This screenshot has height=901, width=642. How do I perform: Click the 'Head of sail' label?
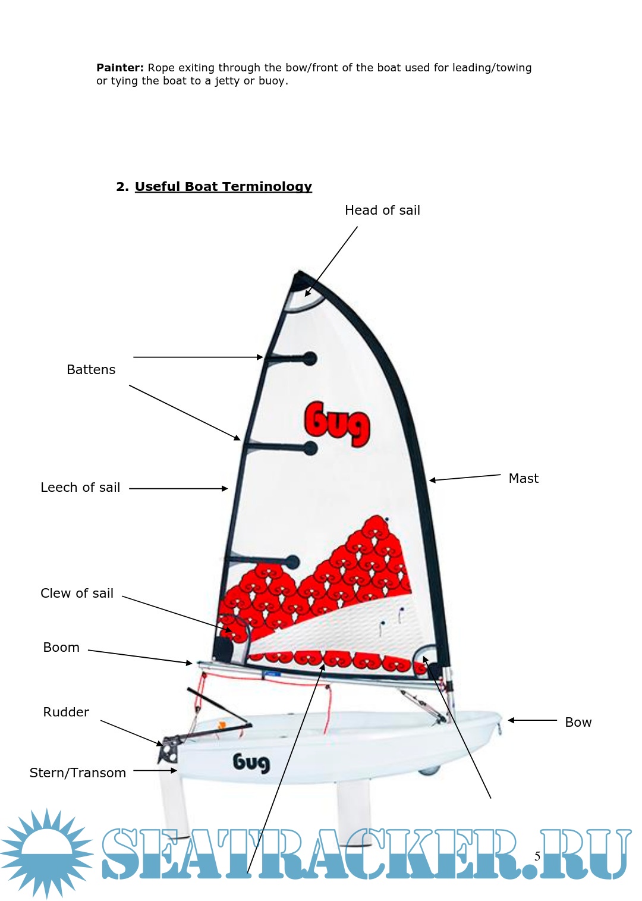pos(382,211)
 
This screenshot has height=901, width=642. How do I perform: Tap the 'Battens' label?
pos(91,370)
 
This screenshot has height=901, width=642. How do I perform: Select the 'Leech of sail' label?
pos(80,488)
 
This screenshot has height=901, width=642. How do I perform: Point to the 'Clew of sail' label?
pos(77,594)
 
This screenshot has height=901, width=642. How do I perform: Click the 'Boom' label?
pos(61,648)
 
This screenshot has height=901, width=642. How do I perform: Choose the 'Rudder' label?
pos(66,712)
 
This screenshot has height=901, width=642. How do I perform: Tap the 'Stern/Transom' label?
pos(78,773)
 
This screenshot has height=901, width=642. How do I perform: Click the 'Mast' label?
pos(523,479)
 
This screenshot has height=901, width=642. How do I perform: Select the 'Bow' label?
pos(578,723)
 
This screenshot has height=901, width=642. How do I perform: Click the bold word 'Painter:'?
pos(120,68)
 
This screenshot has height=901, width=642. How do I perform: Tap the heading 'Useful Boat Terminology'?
pos(223,187)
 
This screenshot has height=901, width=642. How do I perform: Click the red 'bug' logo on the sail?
pos(336,423)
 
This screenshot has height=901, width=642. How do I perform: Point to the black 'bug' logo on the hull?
pos(251,762)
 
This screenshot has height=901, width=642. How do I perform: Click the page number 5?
pos(537,856)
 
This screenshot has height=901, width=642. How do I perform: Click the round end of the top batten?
pos(310,359)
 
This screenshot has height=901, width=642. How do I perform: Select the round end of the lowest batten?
pos(292,561)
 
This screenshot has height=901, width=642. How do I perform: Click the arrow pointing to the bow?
pos(532,720)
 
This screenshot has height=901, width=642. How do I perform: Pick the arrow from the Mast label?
pos(465,477)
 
